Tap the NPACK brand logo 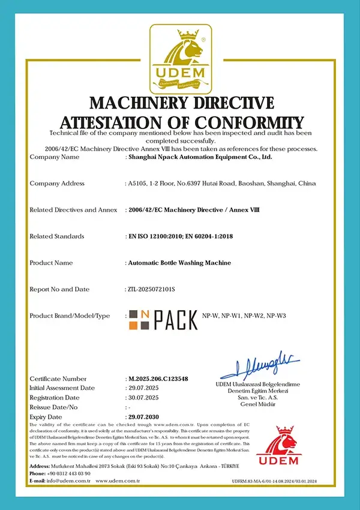pyautogui.click(x=163, y=319)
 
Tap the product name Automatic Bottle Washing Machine pyautogui.click(x=180, y=263)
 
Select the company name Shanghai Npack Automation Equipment pyautogui.click(x=200, y=157)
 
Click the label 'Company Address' pyautogui.click(x=57, y=184)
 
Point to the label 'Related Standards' pyautogui.click(x=57, y=236)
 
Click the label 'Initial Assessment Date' pyautogui.click(x=62, y=388)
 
